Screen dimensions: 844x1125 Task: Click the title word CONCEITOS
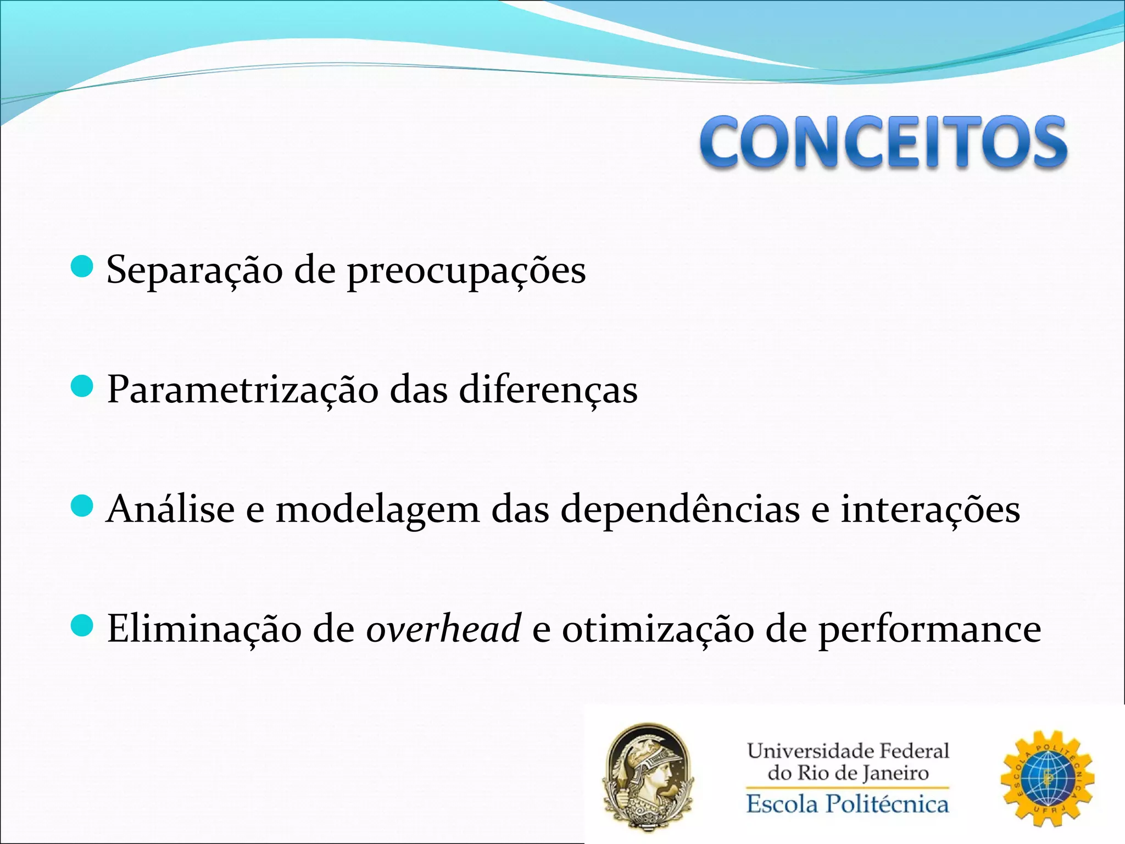click(883, 142)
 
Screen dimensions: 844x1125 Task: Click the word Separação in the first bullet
click(194, 270)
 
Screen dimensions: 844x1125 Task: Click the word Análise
click(170, 509)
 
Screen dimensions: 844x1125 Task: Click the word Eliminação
click(204, 629)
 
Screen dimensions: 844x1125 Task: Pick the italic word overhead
click(443, 629)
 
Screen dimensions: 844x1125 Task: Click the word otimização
click(658, 629)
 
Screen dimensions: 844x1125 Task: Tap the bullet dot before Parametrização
click(82, 386)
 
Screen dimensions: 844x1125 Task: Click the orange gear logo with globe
click(1047, 778)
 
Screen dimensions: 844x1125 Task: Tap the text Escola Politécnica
click(847, 804)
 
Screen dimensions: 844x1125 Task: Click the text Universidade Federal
click(847, 751)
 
